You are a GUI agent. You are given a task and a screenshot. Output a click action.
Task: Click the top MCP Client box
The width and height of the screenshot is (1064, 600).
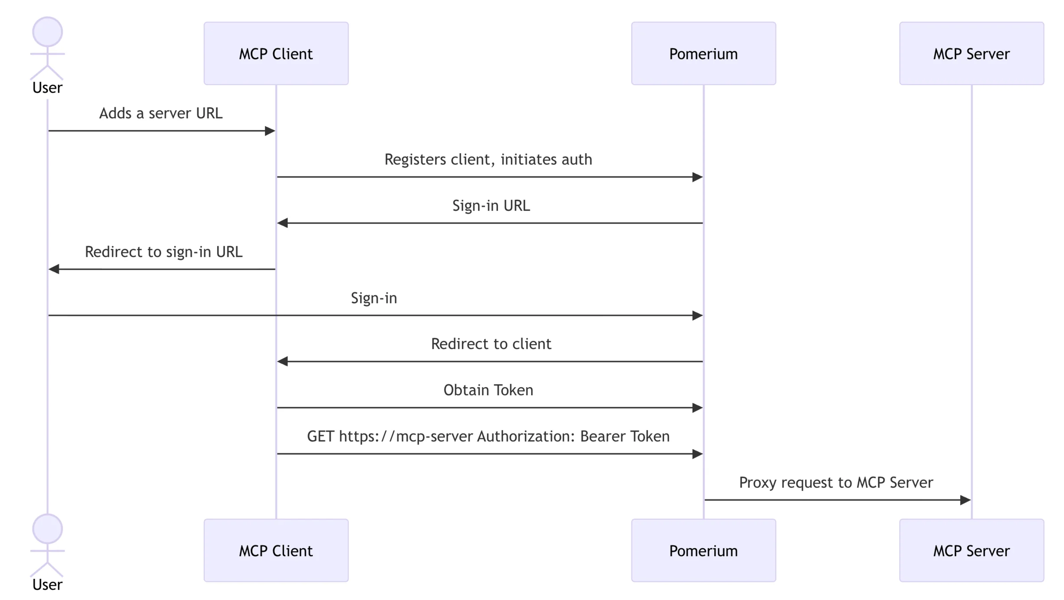click(276, 54)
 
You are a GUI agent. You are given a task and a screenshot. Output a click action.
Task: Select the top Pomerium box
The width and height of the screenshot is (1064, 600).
click(704, 54)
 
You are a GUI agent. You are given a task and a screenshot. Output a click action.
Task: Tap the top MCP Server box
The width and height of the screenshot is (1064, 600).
click(971, 54)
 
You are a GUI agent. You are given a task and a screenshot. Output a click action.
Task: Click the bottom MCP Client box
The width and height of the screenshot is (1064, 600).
click(276, 550)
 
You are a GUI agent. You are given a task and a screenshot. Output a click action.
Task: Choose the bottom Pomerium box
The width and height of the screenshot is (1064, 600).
click(704, 550)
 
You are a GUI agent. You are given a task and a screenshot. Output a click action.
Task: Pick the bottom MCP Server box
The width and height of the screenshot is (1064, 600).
click(971, 550)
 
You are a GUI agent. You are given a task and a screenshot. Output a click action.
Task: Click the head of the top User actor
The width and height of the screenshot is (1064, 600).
click(47, 32)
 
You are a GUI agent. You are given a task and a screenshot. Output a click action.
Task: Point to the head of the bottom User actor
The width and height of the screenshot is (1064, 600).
click(47, 529)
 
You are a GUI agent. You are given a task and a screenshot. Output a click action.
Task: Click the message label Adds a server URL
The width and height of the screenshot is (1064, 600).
click(161, 114)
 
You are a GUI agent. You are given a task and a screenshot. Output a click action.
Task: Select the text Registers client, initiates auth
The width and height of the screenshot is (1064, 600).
click(488, 160)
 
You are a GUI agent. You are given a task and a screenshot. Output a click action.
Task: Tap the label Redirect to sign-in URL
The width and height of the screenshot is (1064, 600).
click(164, 252)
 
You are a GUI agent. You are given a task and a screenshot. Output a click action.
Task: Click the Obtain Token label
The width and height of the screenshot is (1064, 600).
click(488, 390)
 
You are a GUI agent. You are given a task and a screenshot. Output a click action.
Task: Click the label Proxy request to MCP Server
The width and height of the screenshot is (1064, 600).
click(836, 482)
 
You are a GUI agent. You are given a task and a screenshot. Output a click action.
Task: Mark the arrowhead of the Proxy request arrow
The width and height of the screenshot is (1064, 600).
click(966, 500)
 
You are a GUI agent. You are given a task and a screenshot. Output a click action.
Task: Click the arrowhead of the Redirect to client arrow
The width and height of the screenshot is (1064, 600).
click(282, 361)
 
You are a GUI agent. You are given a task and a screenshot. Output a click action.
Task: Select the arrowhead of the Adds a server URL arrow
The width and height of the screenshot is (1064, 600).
click(270, 131)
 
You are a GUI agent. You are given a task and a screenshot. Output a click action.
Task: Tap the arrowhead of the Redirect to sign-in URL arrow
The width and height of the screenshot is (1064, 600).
click(54, 269)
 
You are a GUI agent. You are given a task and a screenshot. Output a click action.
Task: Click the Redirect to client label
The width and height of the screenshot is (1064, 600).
click(491, 344)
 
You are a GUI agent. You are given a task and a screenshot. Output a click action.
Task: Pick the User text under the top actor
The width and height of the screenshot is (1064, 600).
click(47, 88)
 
